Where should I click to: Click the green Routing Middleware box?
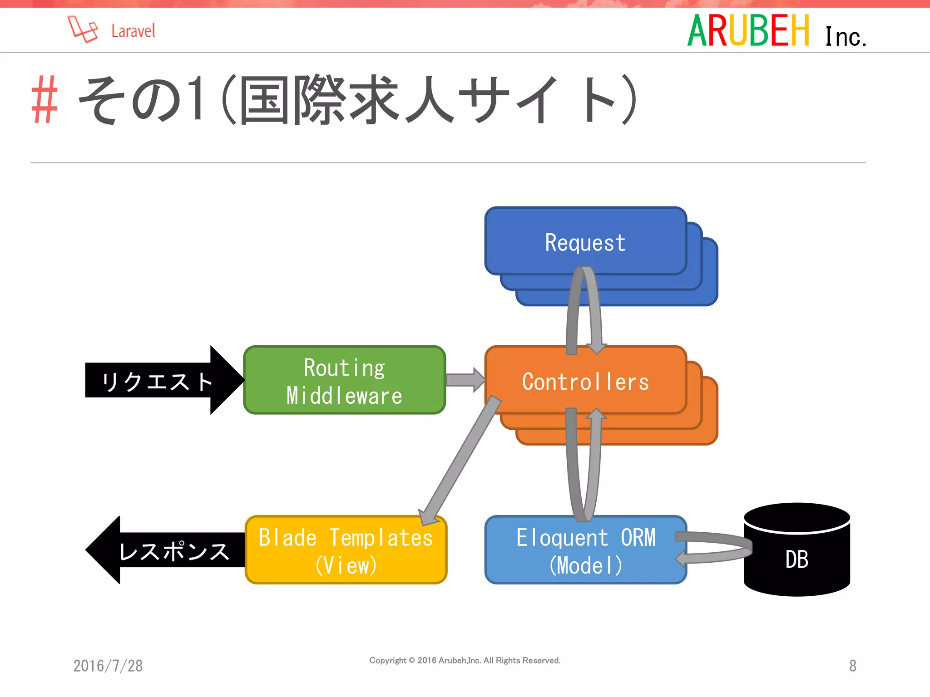[344, 380]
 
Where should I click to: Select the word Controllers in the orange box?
[585, 382]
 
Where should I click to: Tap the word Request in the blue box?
[585, 243]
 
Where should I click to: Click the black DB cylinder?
[797, 559]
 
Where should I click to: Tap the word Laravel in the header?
[133, 31]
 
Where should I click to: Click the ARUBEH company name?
[748, 31]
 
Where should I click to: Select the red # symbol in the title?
[45, 100]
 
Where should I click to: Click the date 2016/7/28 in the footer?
[108, 666]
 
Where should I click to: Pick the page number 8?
[852, 666]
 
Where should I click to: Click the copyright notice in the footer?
[465, 660]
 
